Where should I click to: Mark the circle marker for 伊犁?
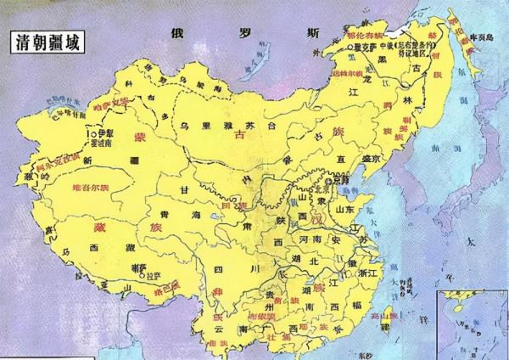pos(92,134)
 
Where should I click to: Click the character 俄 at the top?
pos(176,34)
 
